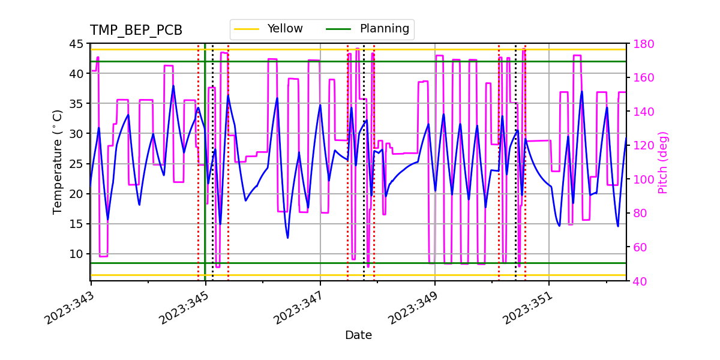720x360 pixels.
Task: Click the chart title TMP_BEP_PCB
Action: point(136,31)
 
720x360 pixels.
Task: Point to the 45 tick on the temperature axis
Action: point(76,44)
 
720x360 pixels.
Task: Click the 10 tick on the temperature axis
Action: point(76,254)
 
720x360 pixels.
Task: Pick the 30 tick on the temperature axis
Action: point(76,134)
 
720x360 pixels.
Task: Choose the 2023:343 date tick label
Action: point(68,308)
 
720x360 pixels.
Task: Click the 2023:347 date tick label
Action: point(298,308)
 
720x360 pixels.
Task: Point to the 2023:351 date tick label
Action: point(527,308)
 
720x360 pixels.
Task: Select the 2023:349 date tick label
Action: point(412,308)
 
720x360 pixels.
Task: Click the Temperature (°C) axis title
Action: point(58,162)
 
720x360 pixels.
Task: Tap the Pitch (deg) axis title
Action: point(663,162)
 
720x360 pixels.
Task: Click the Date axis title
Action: point(358,335)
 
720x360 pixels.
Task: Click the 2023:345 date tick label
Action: point(183,308)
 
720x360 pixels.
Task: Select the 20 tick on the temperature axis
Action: point(76,194)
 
